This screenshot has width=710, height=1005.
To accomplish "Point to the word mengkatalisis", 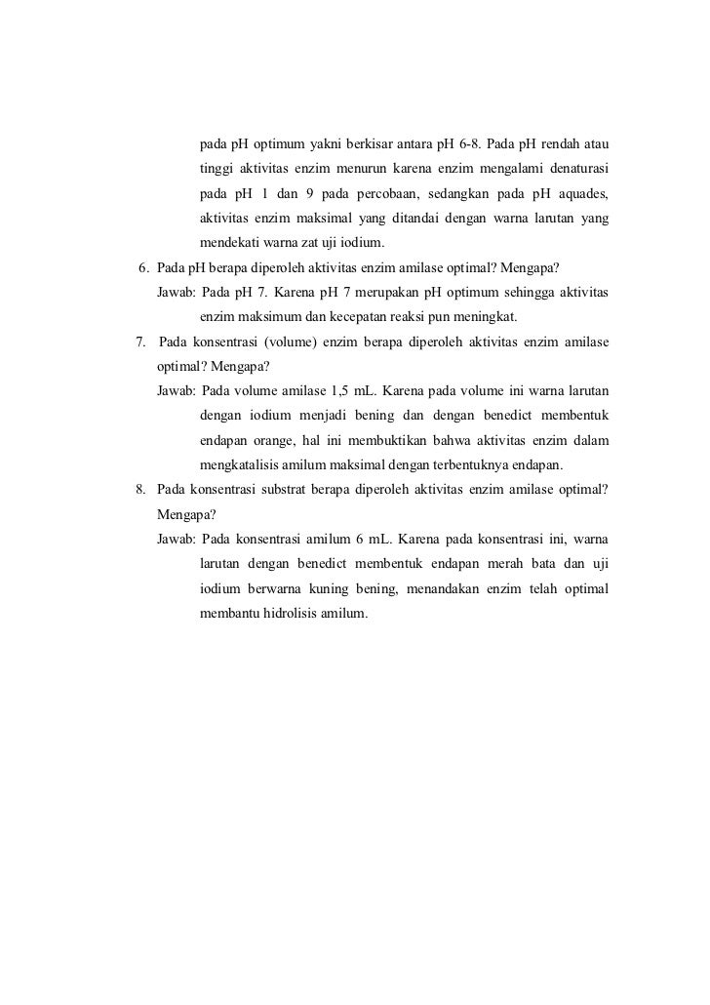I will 243,465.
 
